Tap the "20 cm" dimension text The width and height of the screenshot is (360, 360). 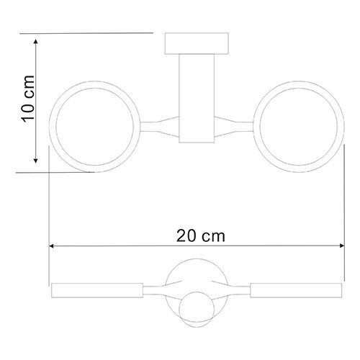199,235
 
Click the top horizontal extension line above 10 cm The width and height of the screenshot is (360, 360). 86,32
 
